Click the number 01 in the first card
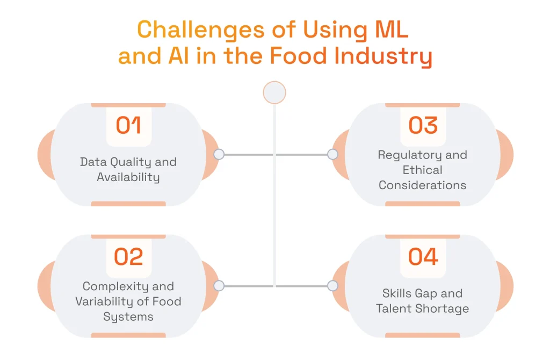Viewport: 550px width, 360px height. coord(128,125)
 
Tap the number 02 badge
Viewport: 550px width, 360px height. coord(128,257)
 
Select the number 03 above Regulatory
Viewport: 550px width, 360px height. coord(423,125)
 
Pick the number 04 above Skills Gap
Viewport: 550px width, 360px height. coord(423,257)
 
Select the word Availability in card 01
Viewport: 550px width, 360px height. coord(128,177)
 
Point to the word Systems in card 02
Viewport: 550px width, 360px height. coord(128,316)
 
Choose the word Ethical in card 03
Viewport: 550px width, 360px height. coord(423,170)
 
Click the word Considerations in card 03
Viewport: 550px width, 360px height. coord(423,185)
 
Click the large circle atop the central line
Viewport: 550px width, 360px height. coord(274,92)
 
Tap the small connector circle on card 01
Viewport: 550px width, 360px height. coord(219,155)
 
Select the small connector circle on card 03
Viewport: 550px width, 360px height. coord(332,155)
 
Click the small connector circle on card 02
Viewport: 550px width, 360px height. coord(219,286)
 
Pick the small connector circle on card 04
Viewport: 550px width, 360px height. coord(332,286)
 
